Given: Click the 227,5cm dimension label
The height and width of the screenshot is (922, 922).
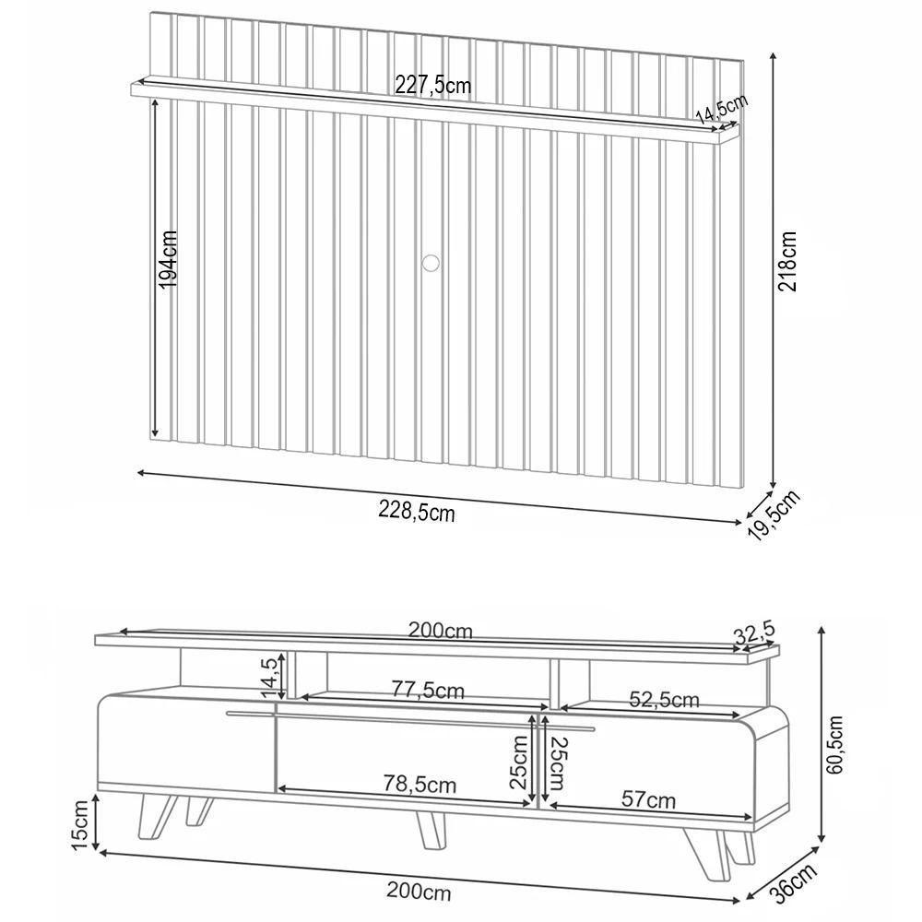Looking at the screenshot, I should tap(432, 86).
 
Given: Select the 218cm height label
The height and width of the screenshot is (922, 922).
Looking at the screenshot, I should tap(789, 261).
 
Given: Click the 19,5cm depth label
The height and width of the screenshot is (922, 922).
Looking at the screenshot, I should tap(773, 517).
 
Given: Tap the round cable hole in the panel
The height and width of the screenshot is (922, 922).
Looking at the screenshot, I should tap(430, 263).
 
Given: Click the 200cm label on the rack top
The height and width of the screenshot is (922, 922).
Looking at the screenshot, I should tap(441, 632).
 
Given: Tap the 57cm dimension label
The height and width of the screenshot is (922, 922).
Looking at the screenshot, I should tap(646, 799).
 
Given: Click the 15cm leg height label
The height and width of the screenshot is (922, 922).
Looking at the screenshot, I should tap(81, 822).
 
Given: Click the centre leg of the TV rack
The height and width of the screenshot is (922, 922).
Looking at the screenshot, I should tap(430, 830).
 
